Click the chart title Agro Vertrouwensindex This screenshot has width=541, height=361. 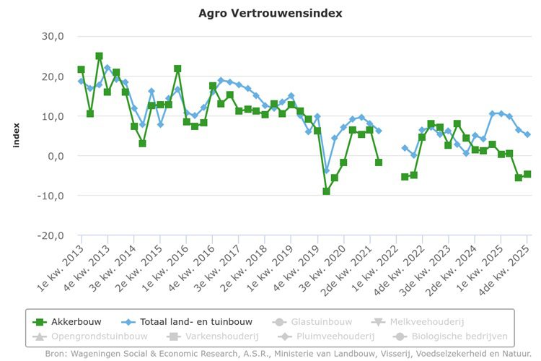pos(270,13)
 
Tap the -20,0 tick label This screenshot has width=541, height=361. pos(50,235)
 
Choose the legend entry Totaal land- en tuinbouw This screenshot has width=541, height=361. pos(189,322)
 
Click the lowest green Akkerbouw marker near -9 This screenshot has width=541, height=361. pos(326,191)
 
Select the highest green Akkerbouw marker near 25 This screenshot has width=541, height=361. pos(99,56)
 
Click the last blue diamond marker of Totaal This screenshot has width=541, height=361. pos(527,134)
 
